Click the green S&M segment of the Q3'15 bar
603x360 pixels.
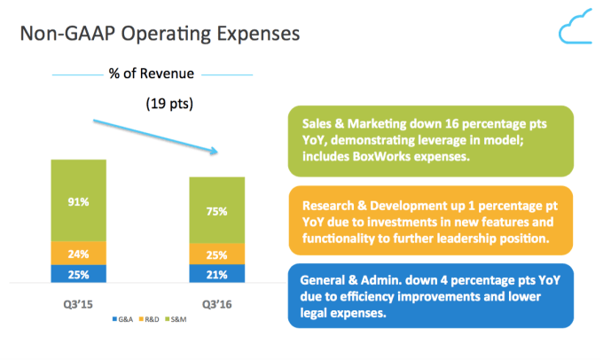(79, 200)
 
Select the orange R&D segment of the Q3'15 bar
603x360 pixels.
(79, 253)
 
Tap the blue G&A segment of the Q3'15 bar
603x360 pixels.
(79, 274)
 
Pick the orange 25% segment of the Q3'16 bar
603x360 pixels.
(217, 254)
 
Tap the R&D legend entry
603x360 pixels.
(151, 317)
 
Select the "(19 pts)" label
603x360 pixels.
(168, 104)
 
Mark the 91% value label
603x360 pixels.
(79, 201)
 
